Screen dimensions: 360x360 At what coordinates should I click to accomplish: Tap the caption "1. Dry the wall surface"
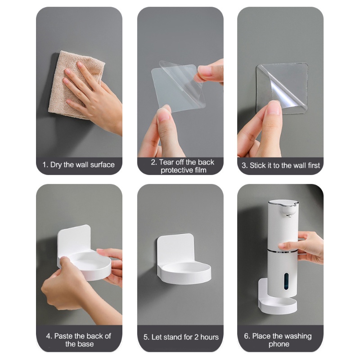coord(78,165)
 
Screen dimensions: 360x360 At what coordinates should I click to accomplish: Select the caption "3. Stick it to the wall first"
coord(280,165)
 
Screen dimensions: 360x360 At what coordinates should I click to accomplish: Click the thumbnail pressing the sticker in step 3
coord(274,108)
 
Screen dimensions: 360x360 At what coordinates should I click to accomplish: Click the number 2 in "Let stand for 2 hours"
coord(196,337)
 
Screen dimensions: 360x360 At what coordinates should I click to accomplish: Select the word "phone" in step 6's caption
coord(279,344)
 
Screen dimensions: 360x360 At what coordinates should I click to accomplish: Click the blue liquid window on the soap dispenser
coord(286,281)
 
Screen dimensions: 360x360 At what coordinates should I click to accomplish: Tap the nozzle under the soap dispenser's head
coord(289,216)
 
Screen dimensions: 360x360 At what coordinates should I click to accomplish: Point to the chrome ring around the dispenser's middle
coord(283,251)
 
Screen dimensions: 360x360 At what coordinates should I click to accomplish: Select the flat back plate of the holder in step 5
coord(176,250)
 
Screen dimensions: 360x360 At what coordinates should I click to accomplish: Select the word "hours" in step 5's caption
coord(209,337)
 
